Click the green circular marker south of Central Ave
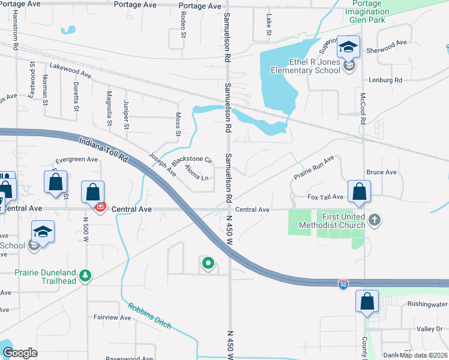tap(208, 263)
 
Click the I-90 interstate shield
tap(343, 283)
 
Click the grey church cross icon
tap(375, 220)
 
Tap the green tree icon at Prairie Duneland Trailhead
tap(86, 275)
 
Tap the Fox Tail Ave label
tap(325, 197)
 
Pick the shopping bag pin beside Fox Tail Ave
tap(359, 192)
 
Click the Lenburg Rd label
tap(385, 80)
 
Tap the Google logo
tap(20, 353)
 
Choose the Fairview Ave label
tap(112, 317)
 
